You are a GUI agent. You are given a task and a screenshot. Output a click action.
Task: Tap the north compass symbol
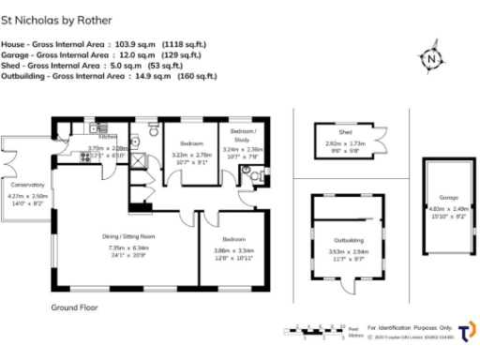[x=430, y=58]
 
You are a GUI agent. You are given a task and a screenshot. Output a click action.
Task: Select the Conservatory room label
[x=28, y=185]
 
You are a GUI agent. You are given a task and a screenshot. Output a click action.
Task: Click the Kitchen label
[x=107, y=137]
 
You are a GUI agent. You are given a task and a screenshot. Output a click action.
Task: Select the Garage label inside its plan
[x=447, y=198]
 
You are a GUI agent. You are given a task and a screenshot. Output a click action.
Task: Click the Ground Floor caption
[x=74, y=307]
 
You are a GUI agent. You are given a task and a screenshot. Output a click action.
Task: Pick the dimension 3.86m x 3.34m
[x=234, y=251]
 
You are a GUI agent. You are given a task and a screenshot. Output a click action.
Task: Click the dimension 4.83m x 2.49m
[x=448, y=210]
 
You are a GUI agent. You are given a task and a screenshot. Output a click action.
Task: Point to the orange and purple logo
[x=466, y=332]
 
